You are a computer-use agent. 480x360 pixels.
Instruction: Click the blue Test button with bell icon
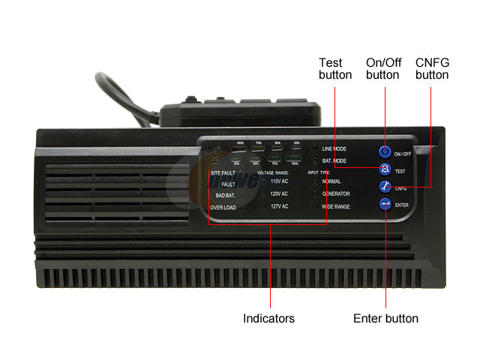pos(385,169)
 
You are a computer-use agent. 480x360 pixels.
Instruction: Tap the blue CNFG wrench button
pos(385,187)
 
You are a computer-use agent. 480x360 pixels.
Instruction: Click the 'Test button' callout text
pos(335,68)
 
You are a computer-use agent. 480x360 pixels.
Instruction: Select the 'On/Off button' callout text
pos(382,68)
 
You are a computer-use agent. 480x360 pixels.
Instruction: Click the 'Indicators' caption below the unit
pos(268,319)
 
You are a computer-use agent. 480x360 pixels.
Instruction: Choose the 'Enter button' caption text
pos(385,319)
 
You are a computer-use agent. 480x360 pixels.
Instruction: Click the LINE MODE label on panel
pos(334,149)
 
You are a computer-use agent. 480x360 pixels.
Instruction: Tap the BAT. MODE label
pos(334,160)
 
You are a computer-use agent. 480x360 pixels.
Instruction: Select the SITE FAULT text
pos(223,173)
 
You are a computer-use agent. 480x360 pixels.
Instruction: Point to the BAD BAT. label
pos(225,194)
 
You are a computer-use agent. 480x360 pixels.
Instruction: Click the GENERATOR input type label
pos(336,193)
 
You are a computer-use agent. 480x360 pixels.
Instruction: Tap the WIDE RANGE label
pos(336,205)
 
